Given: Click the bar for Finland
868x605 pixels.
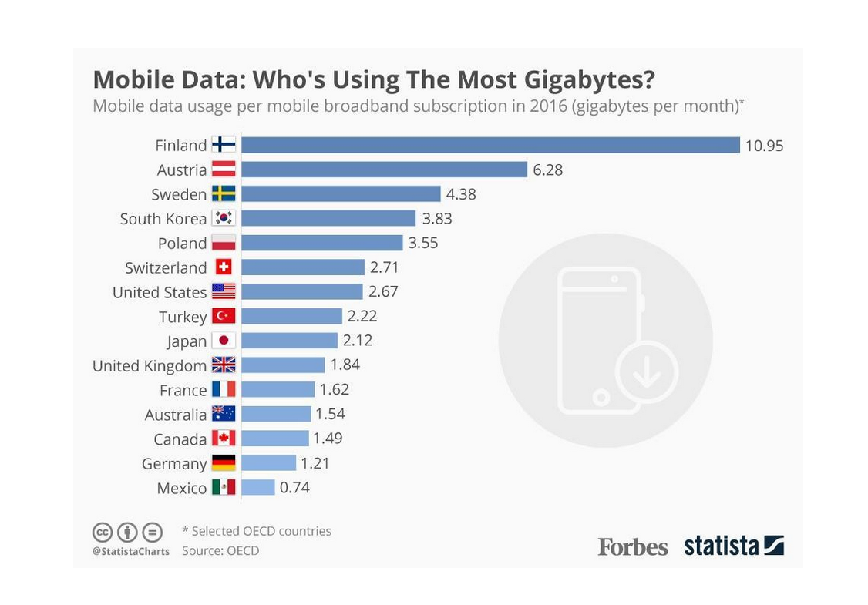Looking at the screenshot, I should point(490,145).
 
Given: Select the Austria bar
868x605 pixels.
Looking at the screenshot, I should point(384,170).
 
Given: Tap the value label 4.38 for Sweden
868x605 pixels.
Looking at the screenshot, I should point(461,194).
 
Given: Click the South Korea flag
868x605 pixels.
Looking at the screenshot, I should point(224,218).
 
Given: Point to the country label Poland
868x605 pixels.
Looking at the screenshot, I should point(182,244).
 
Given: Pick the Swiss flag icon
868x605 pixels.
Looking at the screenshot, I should point(224,267).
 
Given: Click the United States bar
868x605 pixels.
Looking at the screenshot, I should point(301,291).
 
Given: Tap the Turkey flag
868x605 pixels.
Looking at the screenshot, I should point(224,316).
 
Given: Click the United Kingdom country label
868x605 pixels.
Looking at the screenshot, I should point(150,365).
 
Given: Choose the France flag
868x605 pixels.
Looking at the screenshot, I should point(224,389).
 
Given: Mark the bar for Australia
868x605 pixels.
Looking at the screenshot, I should point(276,414).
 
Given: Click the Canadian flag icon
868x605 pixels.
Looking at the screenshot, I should point(224,439).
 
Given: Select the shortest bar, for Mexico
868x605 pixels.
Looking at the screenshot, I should point(257,487).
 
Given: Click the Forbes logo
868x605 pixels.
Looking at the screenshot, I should point(633,546).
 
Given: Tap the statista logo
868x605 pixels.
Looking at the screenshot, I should point(733,546).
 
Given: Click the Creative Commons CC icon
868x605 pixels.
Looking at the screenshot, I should point(103,532).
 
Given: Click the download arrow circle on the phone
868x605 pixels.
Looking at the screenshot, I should point(646,372).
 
